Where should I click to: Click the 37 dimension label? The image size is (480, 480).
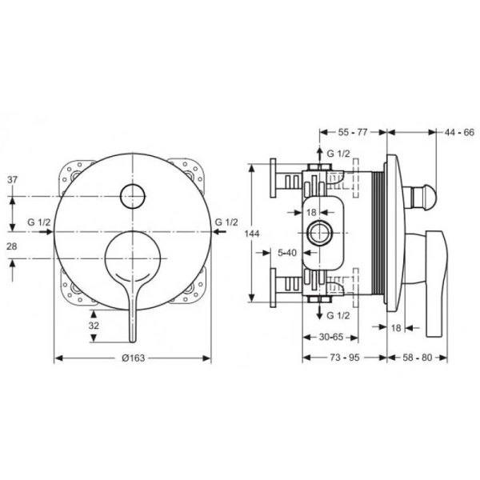pyautogui.click(x=13, y=180)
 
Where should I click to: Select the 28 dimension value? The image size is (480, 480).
pyautogui.click(x=13, y=248)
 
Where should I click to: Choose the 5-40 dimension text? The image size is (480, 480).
pyautogui.click(x=288, y=252)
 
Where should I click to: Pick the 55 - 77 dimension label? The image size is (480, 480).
pyautogui.click(x=352, y=131)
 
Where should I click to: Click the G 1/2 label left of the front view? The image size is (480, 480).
pyautogui.click(x=39, y=222)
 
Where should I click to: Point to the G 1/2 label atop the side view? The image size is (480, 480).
pyautogui.click(x=338, y=153)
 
